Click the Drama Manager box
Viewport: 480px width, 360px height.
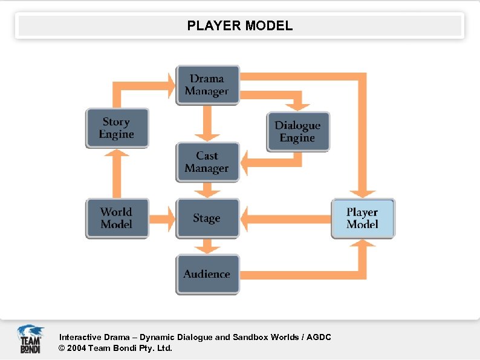207,85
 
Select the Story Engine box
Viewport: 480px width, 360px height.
117,128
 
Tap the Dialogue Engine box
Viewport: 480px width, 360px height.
298,132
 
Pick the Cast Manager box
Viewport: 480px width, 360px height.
207,162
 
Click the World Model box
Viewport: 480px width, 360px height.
117,218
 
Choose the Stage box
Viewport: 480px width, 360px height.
207,218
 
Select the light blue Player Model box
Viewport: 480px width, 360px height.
363,218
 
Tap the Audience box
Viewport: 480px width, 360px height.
207,274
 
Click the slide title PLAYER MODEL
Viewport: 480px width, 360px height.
240,26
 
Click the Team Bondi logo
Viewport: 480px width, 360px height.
30,339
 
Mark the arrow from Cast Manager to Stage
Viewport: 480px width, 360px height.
207,191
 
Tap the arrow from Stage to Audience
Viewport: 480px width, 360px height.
207,246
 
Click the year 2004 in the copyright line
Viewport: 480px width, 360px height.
77,348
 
